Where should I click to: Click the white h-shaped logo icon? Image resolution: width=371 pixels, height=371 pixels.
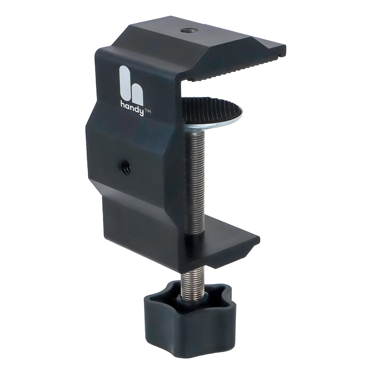(131, 85)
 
